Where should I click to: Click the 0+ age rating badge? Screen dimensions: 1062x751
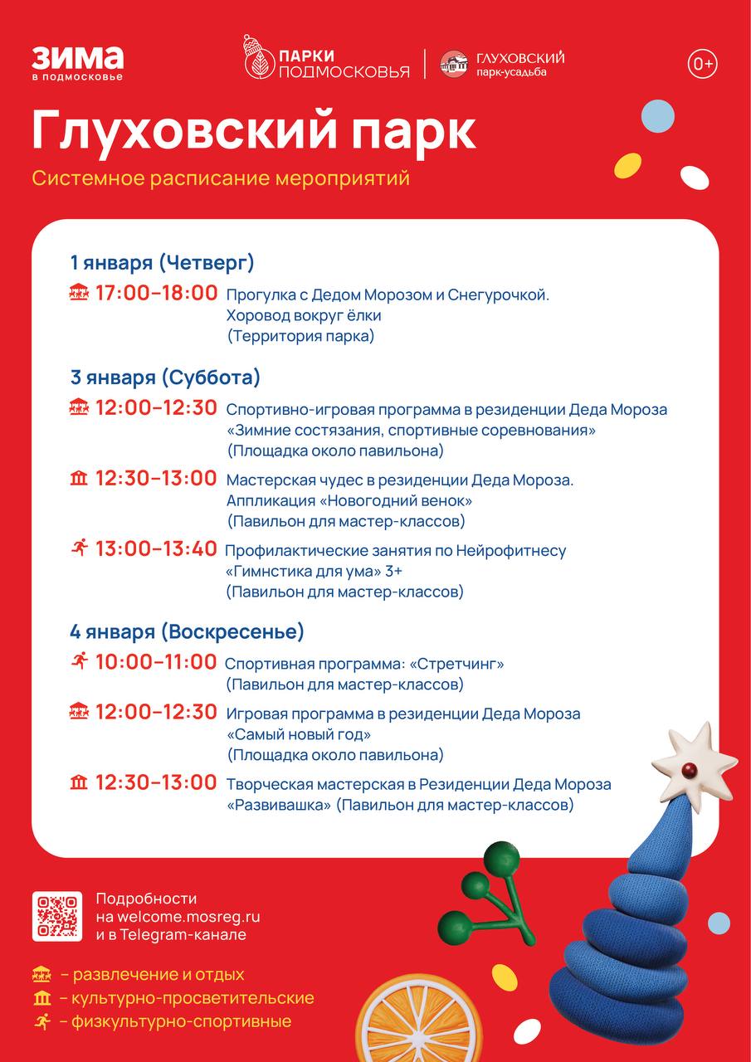click(702, 64)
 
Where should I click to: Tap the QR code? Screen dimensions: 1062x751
click(57, 916)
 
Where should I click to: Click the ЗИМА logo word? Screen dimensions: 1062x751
click(77, 58)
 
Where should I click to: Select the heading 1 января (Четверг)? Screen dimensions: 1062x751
click(162, 263)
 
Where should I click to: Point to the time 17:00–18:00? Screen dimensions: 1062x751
click(156, 293)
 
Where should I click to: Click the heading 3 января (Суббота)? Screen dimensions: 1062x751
click(165, 378)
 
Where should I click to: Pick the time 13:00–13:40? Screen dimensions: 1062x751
click(156, 548)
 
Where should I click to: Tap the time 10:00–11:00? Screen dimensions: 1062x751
click(155, 662)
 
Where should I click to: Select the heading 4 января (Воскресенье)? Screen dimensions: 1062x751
click(187, 631)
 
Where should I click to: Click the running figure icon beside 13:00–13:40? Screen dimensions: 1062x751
click(79, 548)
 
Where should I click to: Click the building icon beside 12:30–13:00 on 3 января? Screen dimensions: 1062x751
click(79, 478)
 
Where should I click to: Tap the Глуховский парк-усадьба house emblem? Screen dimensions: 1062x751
click(454, 64)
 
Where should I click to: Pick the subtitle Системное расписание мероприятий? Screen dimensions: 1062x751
click(221, 178)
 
